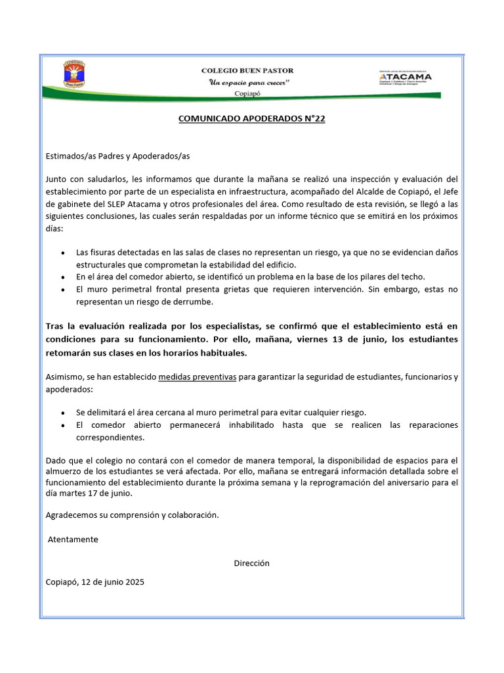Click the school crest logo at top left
pos(73,74)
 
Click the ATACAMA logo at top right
pos(405,78)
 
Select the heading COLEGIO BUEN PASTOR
pos(247,70)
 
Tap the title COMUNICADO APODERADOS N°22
pos(252,119)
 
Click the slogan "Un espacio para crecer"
pos(249,82)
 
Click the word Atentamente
pos(74,540)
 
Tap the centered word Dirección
pos(251,563)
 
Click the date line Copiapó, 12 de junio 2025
pos(95,582)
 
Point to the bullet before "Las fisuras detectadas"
pos(62,253)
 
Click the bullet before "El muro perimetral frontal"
pos(62,290)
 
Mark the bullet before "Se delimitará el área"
pos(62,413)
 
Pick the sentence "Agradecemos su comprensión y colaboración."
pos(132,515)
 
